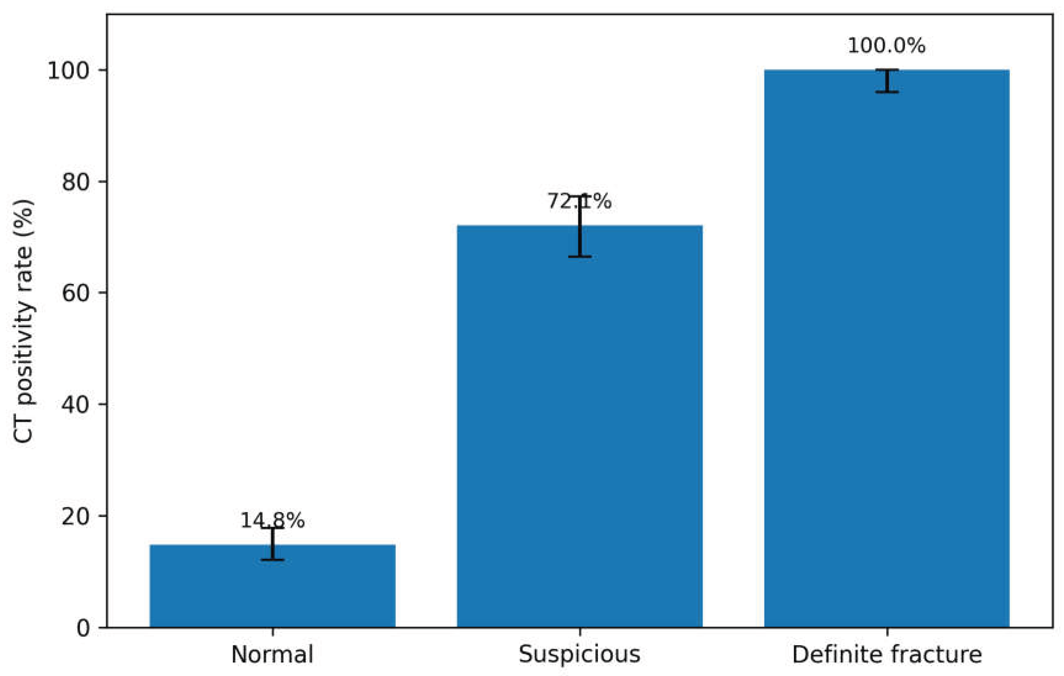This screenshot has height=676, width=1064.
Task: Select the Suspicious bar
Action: pyautogui.click(x=580, y=426)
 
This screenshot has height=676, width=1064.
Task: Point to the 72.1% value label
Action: pyautogui.click(x=580, y=202)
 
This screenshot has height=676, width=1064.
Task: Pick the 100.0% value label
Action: pyautogui.click(x=886, y=46)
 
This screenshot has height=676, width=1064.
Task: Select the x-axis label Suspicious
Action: pyautogui.click(x=580, y=654)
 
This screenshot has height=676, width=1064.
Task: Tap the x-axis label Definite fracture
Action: pyautogui.click(x=887, y=654)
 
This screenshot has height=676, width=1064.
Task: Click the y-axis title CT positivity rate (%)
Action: pyautogui.click(x=23, y=321)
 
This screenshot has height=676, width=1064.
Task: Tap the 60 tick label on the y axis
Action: pyautogui.click(x=76, y=293)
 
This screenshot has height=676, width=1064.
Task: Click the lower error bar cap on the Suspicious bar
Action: pyautogui.click(x=580, y=257)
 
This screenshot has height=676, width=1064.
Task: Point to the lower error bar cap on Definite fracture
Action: pyautogui.click(x=887, y=92)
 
